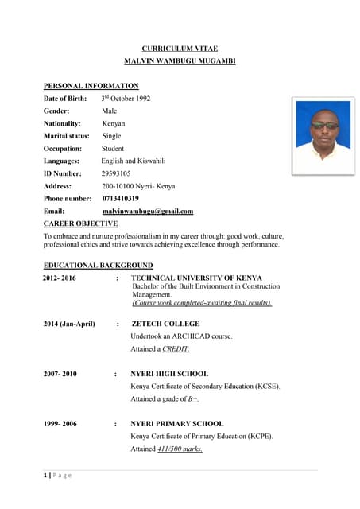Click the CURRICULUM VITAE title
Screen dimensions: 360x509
click(x=180, y=49)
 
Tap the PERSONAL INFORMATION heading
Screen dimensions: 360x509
click(x=91, y=86)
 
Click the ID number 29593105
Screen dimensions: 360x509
click(x=117, y=173)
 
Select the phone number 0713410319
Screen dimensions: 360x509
click(x=121, y=198)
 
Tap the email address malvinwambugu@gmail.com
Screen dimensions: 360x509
click(x=148, y=211)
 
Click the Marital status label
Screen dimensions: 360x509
click(x=67, y=136)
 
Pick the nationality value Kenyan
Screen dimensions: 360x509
click(x=114, y=123)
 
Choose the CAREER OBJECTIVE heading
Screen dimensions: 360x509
click(x=80, y=223)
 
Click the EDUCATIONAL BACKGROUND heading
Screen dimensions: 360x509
click(x=98, y=265)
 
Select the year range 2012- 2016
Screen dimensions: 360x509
click(x=60, y=278)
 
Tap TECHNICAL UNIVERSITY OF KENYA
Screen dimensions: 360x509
click(x=196, y=278)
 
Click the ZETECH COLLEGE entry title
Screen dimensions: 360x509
click(x=165, y=324)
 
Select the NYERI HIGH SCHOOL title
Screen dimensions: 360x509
click(x=169, y=374)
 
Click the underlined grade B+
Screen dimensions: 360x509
click(x=193, y=398)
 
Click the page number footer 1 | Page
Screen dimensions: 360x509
click(x=58, y=475)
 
